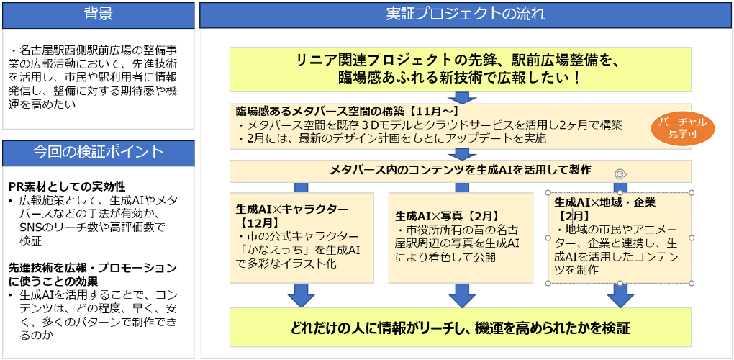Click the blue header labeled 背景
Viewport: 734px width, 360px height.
pos(99,15)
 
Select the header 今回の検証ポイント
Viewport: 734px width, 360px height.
pos(99,153)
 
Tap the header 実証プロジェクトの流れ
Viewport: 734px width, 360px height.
pos(466,15)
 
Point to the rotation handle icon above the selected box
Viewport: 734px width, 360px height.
pos(620,175)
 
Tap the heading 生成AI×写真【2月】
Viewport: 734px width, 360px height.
pos(447,216)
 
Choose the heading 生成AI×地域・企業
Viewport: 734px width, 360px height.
pos(604,203)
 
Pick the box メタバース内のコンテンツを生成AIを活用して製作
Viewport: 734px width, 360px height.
pos(461,171)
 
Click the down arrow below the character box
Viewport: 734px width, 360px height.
pos(302,295)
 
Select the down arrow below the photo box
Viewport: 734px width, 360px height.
pos(462,295)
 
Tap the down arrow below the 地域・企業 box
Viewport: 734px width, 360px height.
pos(620,295)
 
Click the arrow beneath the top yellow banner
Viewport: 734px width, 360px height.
pos(462,97)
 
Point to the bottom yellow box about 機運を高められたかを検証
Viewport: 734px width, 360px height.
pos(461,327)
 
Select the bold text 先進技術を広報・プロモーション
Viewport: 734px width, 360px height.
pos(92,269)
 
